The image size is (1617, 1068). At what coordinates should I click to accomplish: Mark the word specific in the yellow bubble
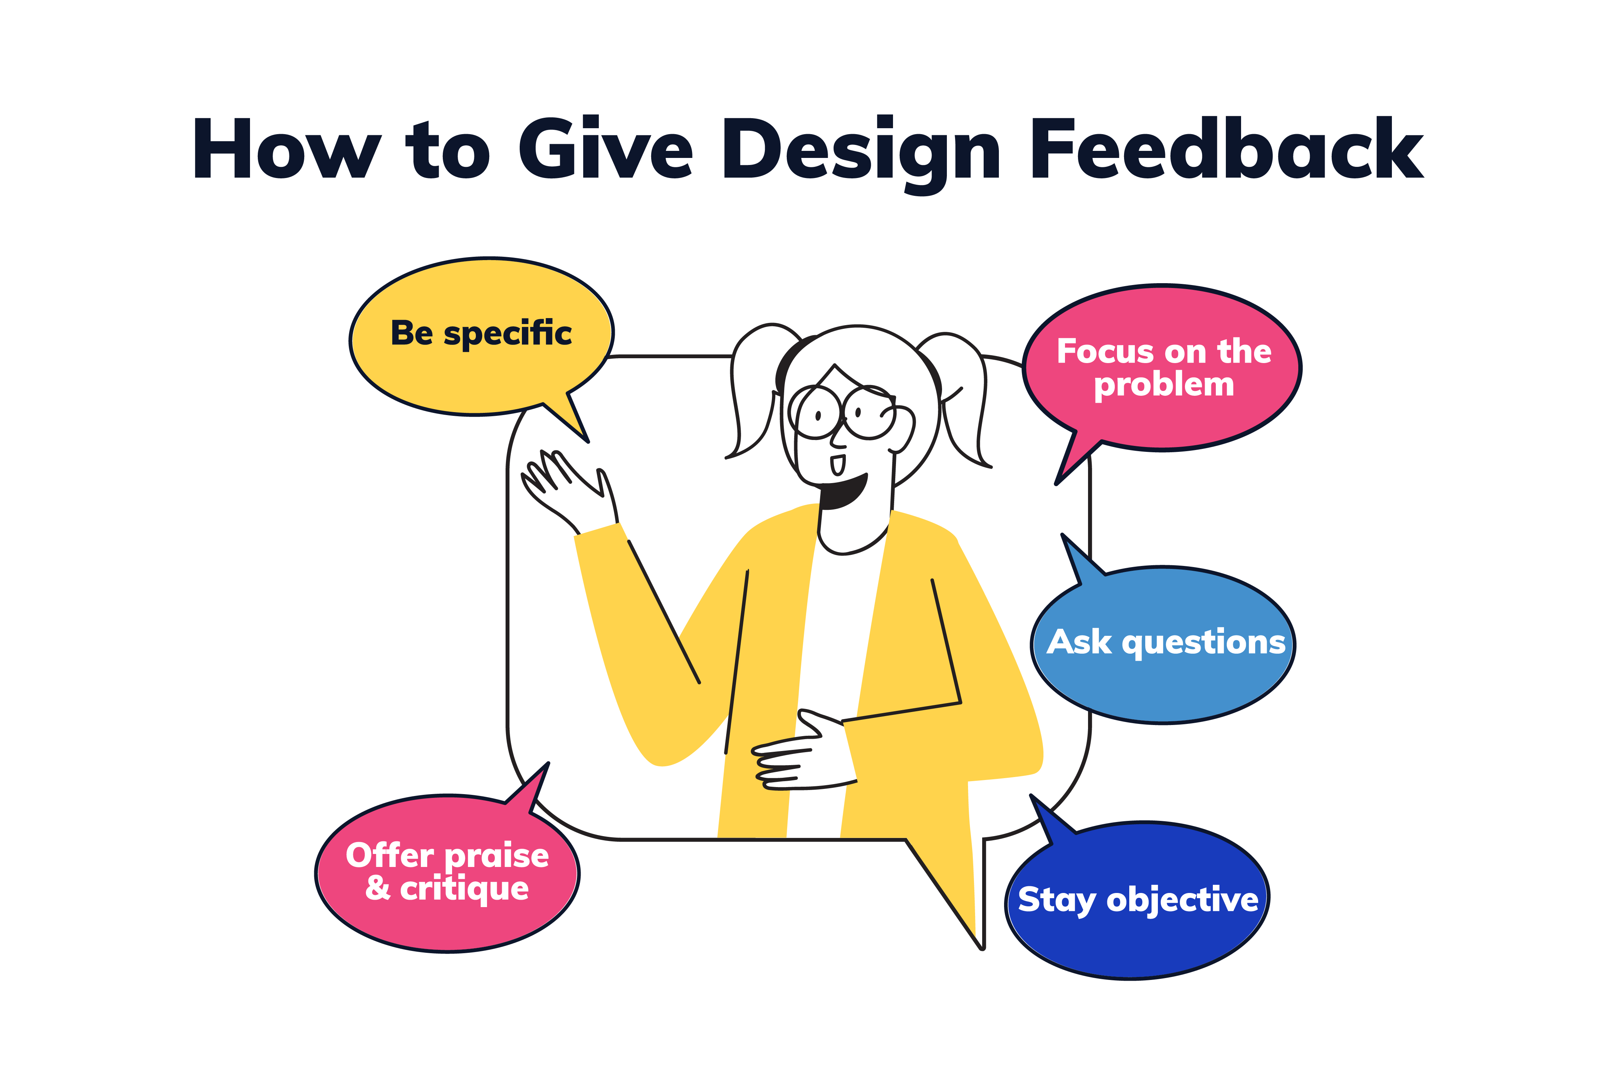pyautogui.click(x=507, y=334)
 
